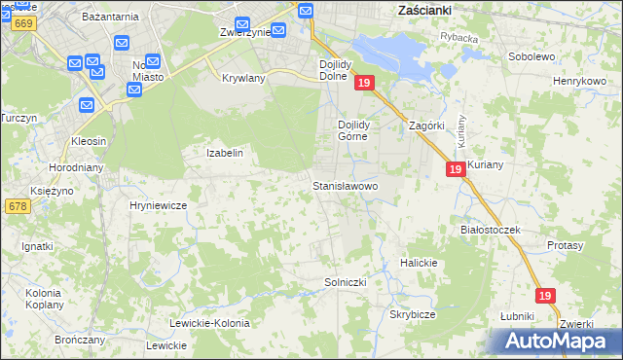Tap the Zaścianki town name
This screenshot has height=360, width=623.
[434, 11]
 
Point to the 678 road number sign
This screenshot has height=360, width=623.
[17, 206]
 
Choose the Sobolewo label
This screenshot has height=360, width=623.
[531, 56]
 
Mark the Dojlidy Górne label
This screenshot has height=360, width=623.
[351, 130]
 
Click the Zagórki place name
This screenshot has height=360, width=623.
[426, 126]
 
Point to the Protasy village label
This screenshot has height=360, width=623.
[565, 246]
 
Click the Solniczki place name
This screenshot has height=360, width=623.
[345, 282]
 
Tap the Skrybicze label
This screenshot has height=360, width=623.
[412, 315]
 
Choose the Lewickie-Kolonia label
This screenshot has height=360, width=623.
[209, 322]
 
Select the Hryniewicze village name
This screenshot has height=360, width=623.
[158, 205]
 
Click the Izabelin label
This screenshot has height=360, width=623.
[224, 153]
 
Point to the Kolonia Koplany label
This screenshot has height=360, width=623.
[43, 298]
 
